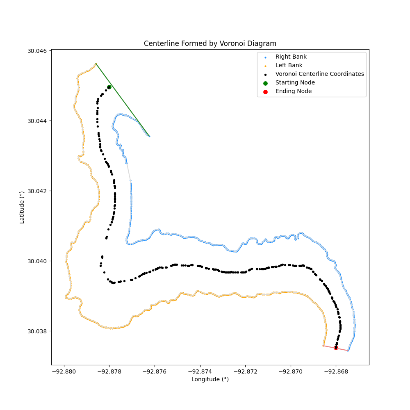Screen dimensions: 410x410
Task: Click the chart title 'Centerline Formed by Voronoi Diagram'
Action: pos(210,43)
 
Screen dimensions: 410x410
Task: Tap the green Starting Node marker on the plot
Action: pos(109,87)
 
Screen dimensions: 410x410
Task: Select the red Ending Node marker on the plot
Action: pos(336,348)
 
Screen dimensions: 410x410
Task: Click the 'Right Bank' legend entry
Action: pos(291,57)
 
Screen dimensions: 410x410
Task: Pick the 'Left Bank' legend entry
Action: pos(289,66)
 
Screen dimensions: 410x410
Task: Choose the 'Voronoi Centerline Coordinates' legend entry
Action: pos(319,74)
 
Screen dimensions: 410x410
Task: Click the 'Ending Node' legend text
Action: pos(293,91)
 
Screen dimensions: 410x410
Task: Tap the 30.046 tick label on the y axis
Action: pos(37,51)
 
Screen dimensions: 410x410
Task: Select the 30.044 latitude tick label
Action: pos(37,121)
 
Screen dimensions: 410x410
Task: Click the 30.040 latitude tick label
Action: pos(37,261)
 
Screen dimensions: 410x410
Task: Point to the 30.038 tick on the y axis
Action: pos(37,331)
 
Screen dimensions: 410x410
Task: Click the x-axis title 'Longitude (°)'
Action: pos(210,380)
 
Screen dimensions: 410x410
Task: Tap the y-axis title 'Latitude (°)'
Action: pos(22,207)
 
